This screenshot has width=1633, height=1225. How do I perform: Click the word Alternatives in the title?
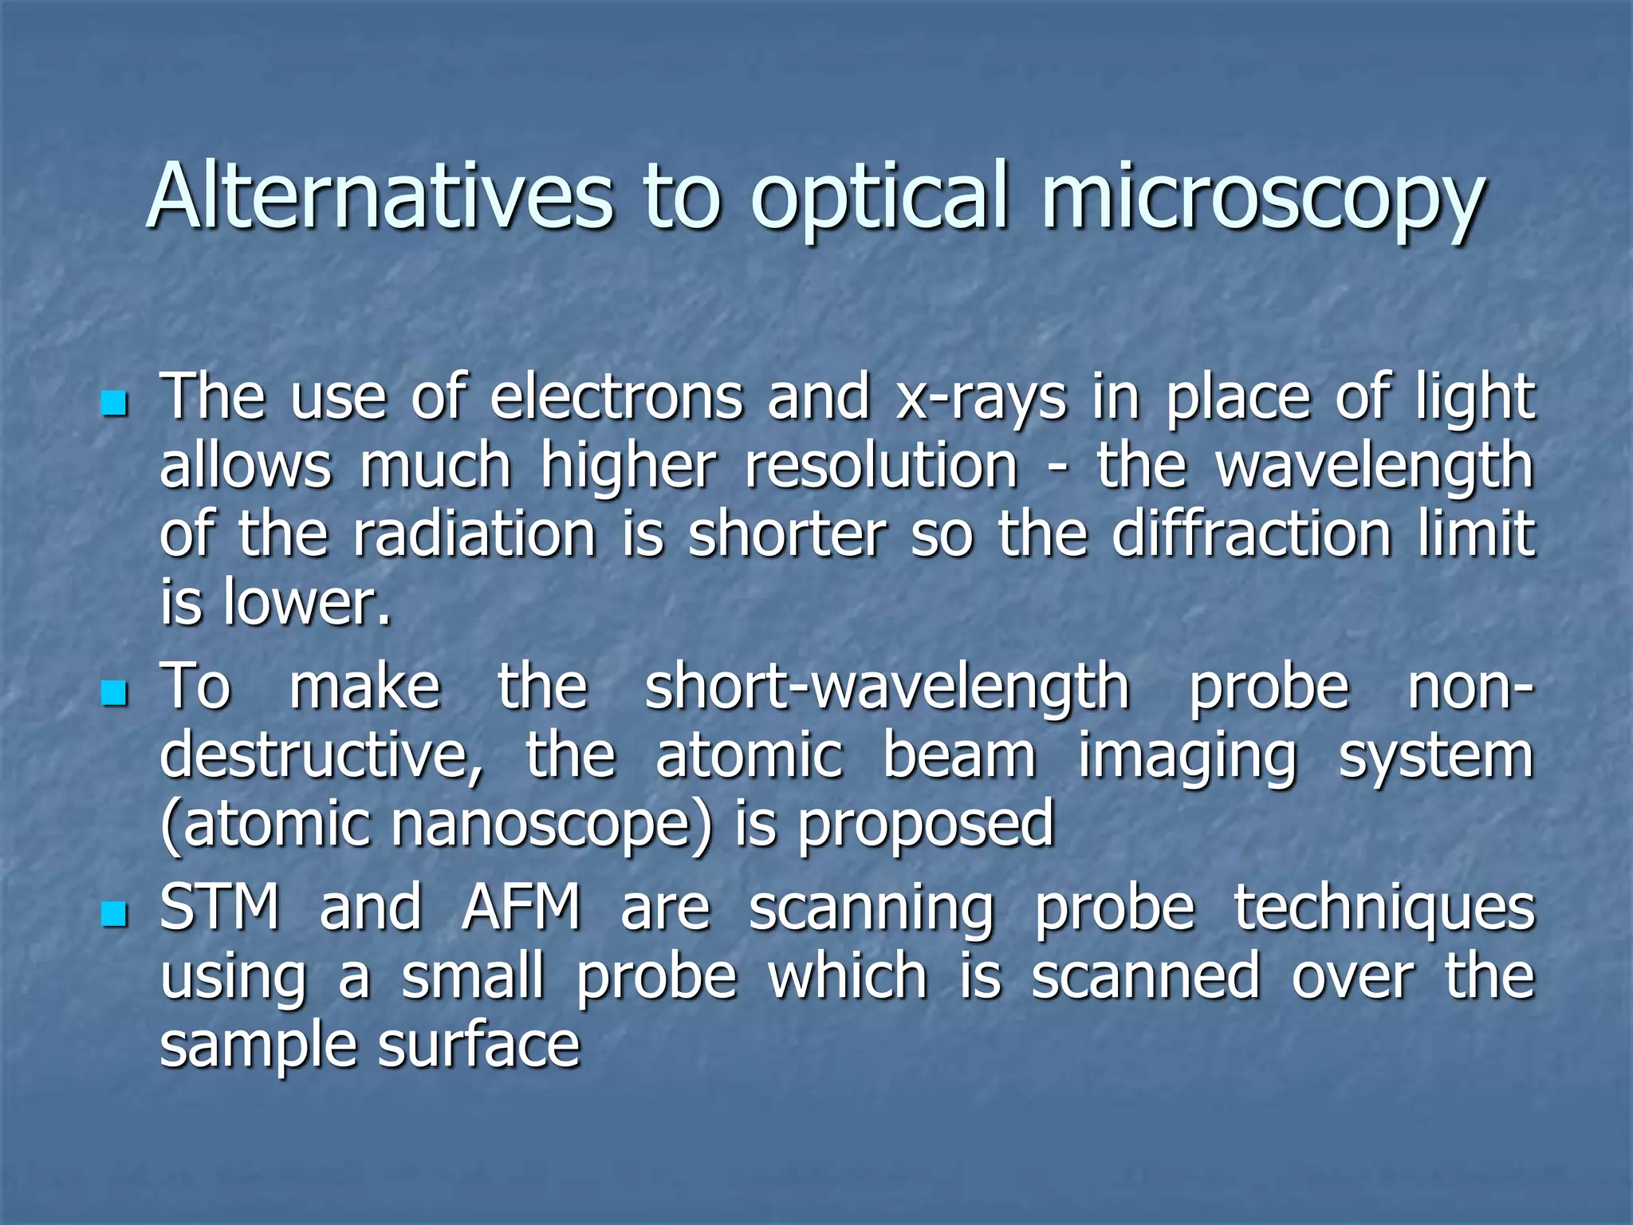pyautogui.click(x=380, y=196)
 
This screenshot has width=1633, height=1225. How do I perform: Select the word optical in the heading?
pyautogui.click(x=880, y=199)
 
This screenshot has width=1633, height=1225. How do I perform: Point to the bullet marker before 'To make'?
pyautogui.click(x=116, y=693)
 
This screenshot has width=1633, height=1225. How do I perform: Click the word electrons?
pyautogui.click(x=616, y=397)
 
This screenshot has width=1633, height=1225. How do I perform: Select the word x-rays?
pyautogui.click(x=979, y=399)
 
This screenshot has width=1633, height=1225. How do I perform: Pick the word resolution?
pyautogui.click(x=881, y=466)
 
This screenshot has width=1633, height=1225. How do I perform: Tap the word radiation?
pyautogui.click(x=474, y=534)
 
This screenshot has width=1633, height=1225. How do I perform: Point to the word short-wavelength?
pyautogui.click(x=887, y=687)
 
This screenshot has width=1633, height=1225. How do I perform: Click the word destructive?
pyautogui.click(x=322, y=756)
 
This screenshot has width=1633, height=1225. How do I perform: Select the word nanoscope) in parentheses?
pyautogui.click(x=551, y=825)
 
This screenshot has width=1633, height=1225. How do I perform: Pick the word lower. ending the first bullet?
pyautogui.click(x=308, y=603)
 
